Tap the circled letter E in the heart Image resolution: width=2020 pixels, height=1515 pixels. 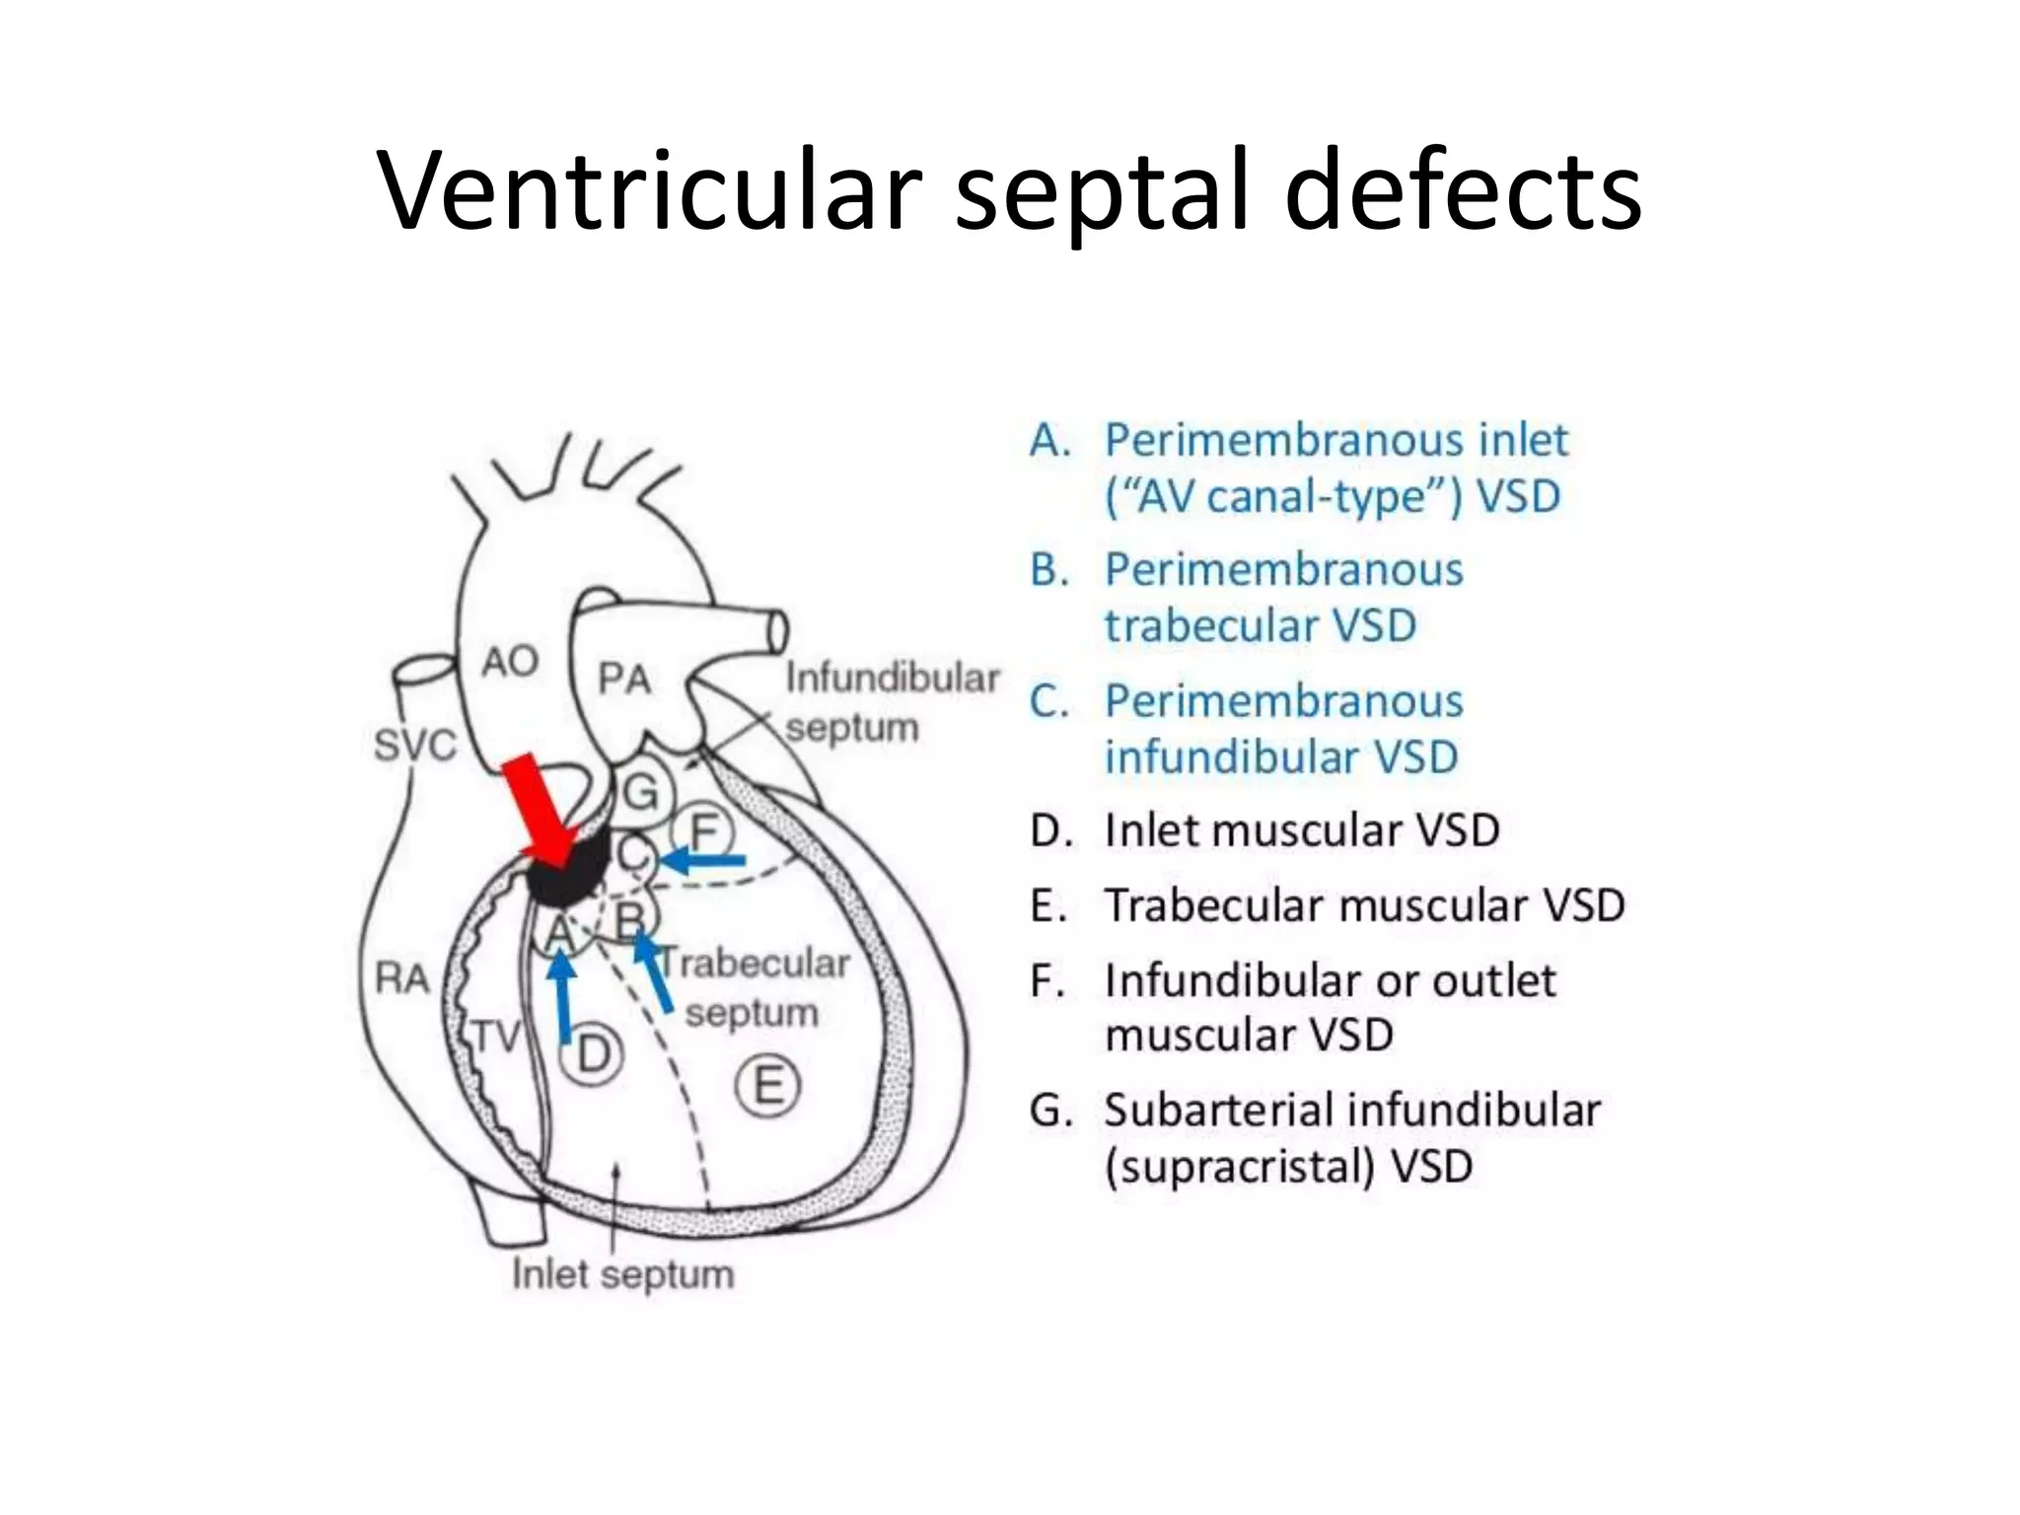pos(768,1086)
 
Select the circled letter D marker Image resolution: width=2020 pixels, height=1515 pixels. pos(592,1054)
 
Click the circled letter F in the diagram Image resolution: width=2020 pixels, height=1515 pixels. pos(703,831)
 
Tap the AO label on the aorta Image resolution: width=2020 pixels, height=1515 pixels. pos(509,661)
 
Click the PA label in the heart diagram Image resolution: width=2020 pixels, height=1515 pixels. pos(624,679)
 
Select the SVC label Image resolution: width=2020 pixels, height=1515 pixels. pos(414,746)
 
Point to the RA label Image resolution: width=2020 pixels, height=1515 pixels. pos(401,978)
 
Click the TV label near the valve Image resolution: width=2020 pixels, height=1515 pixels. pos(496,1037)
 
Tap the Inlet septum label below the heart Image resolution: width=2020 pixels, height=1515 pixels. pos(622,1274)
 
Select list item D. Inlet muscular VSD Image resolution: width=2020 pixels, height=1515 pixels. pos(1263,830)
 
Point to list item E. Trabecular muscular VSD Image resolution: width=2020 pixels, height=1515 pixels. pos(1327,905)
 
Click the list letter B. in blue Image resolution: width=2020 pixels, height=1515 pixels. pos(1049,570)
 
